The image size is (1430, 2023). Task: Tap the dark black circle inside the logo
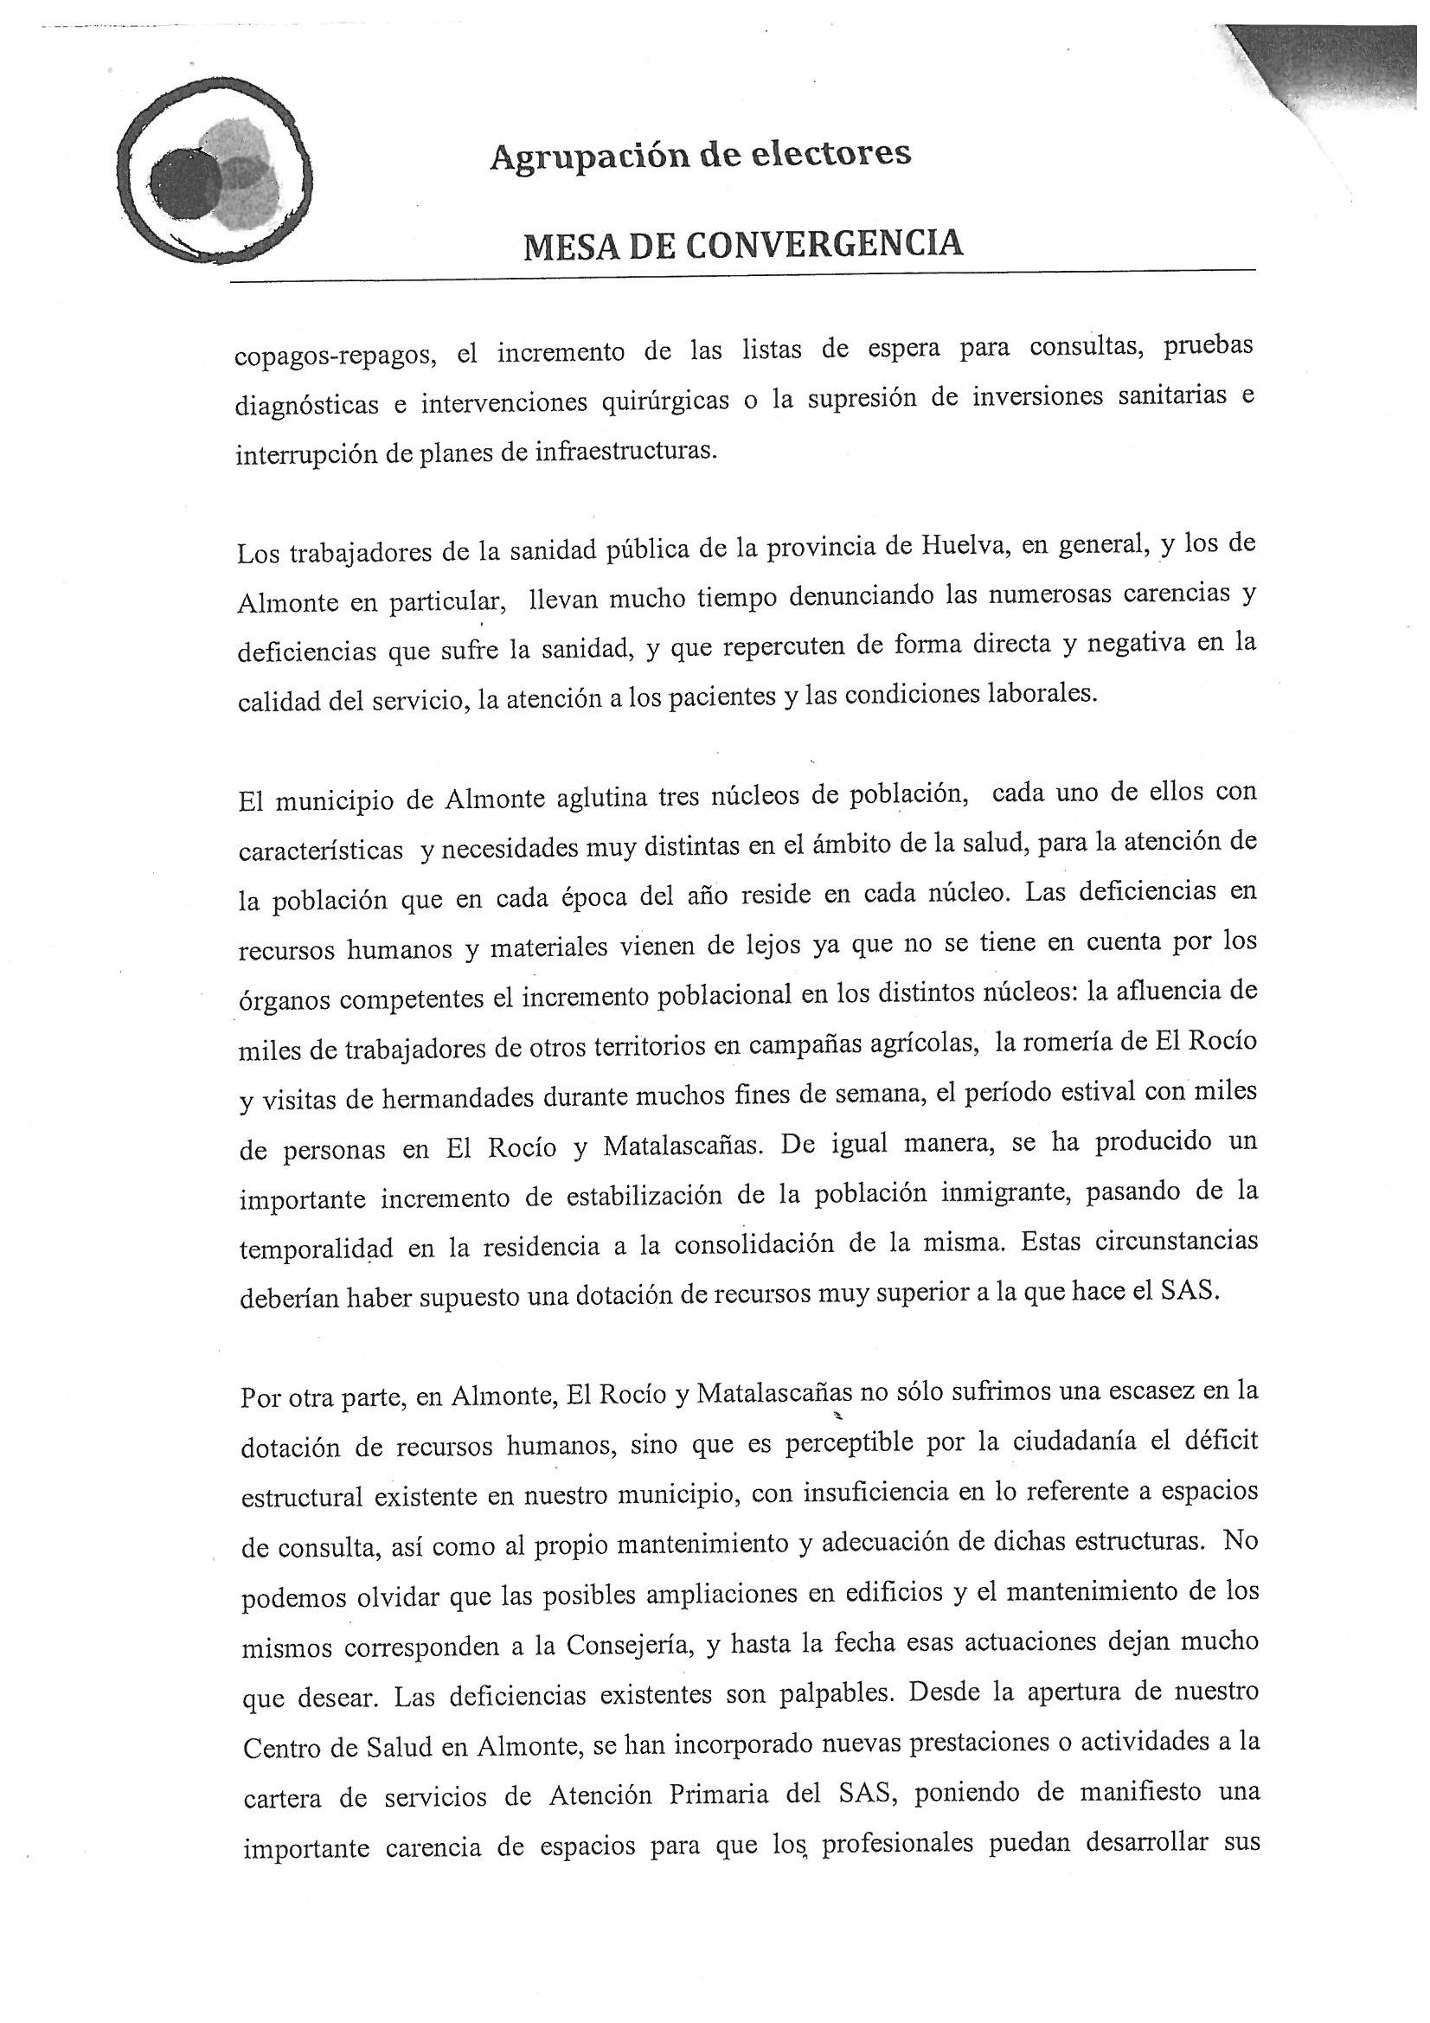tap(185, 183)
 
